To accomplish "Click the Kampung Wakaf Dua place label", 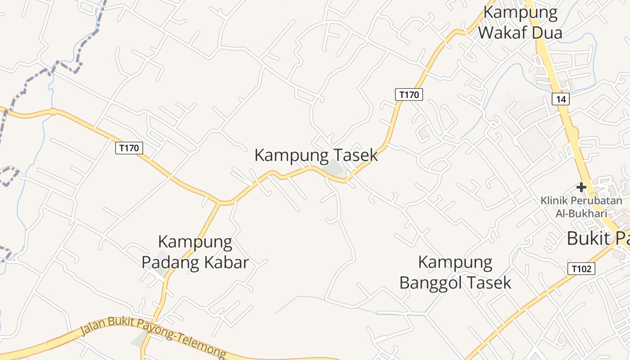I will coord(520,22).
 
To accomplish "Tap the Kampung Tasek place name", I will coord(316,155).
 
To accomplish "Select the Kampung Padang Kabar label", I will coord(195,252).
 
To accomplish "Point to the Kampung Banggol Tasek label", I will coord(455,272).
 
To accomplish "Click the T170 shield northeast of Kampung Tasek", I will coord(409,94).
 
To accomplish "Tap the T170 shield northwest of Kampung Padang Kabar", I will coord(129,148).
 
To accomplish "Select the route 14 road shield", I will coord(561,99).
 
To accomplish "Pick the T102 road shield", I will coord(581,269).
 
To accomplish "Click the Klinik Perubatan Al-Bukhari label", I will coord(581,207).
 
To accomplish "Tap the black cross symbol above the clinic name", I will coord(581,187).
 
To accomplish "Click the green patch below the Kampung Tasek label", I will coord(334,168).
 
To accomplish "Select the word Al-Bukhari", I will coord(581,213).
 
